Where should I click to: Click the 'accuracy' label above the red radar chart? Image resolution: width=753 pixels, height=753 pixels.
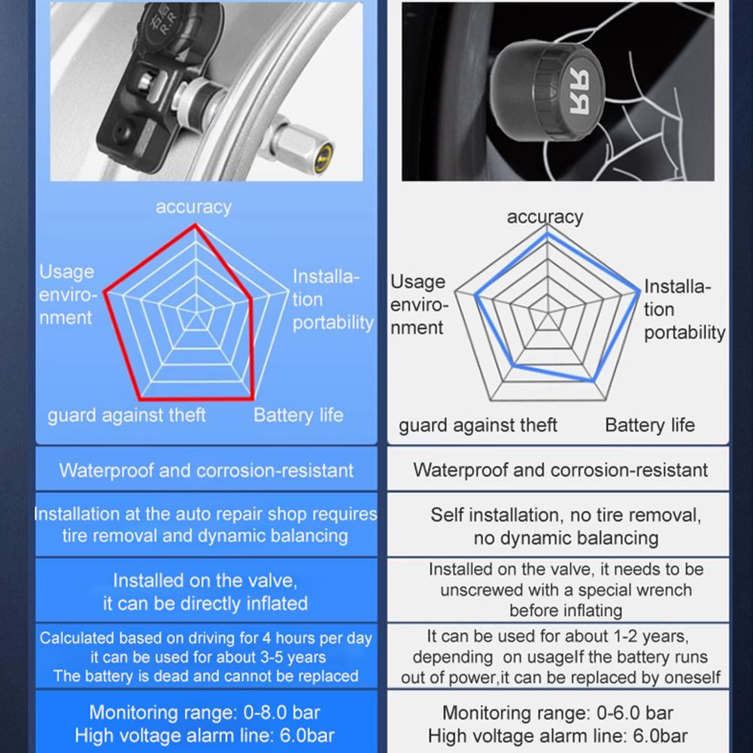(x=193, y=207)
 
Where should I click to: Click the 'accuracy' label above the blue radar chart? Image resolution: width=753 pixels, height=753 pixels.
(x=545, y=217)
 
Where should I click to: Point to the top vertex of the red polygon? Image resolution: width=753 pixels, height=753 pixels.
(x=195, y=225)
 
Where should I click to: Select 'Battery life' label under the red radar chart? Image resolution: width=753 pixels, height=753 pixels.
(x=298, y=415)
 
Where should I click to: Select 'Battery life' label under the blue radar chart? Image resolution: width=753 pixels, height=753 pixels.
(x=649, y=425)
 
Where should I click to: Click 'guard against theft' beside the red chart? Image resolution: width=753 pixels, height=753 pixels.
(x=126, y=415)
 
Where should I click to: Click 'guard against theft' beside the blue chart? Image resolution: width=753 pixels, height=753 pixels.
(x=478, y=425)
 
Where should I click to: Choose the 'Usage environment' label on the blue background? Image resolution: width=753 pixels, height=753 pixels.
(x=68, y=295)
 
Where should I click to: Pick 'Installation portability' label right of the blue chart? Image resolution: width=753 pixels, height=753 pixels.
(x=684, y=309)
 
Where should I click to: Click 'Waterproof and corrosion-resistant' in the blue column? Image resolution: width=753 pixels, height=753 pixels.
(x=206, y=471)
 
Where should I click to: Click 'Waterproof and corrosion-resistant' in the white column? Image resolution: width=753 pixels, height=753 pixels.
(x=560, y=471)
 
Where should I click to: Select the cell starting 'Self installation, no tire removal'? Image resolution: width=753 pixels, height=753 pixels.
(x=566, y=527)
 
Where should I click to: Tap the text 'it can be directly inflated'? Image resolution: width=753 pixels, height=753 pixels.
(x=205, y=603)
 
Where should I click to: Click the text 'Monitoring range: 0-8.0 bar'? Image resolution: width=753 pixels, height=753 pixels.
(x=205, y=712)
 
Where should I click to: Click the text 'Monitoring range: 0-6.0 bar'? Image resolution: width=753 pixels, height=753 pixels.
(x=557, y=712)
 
